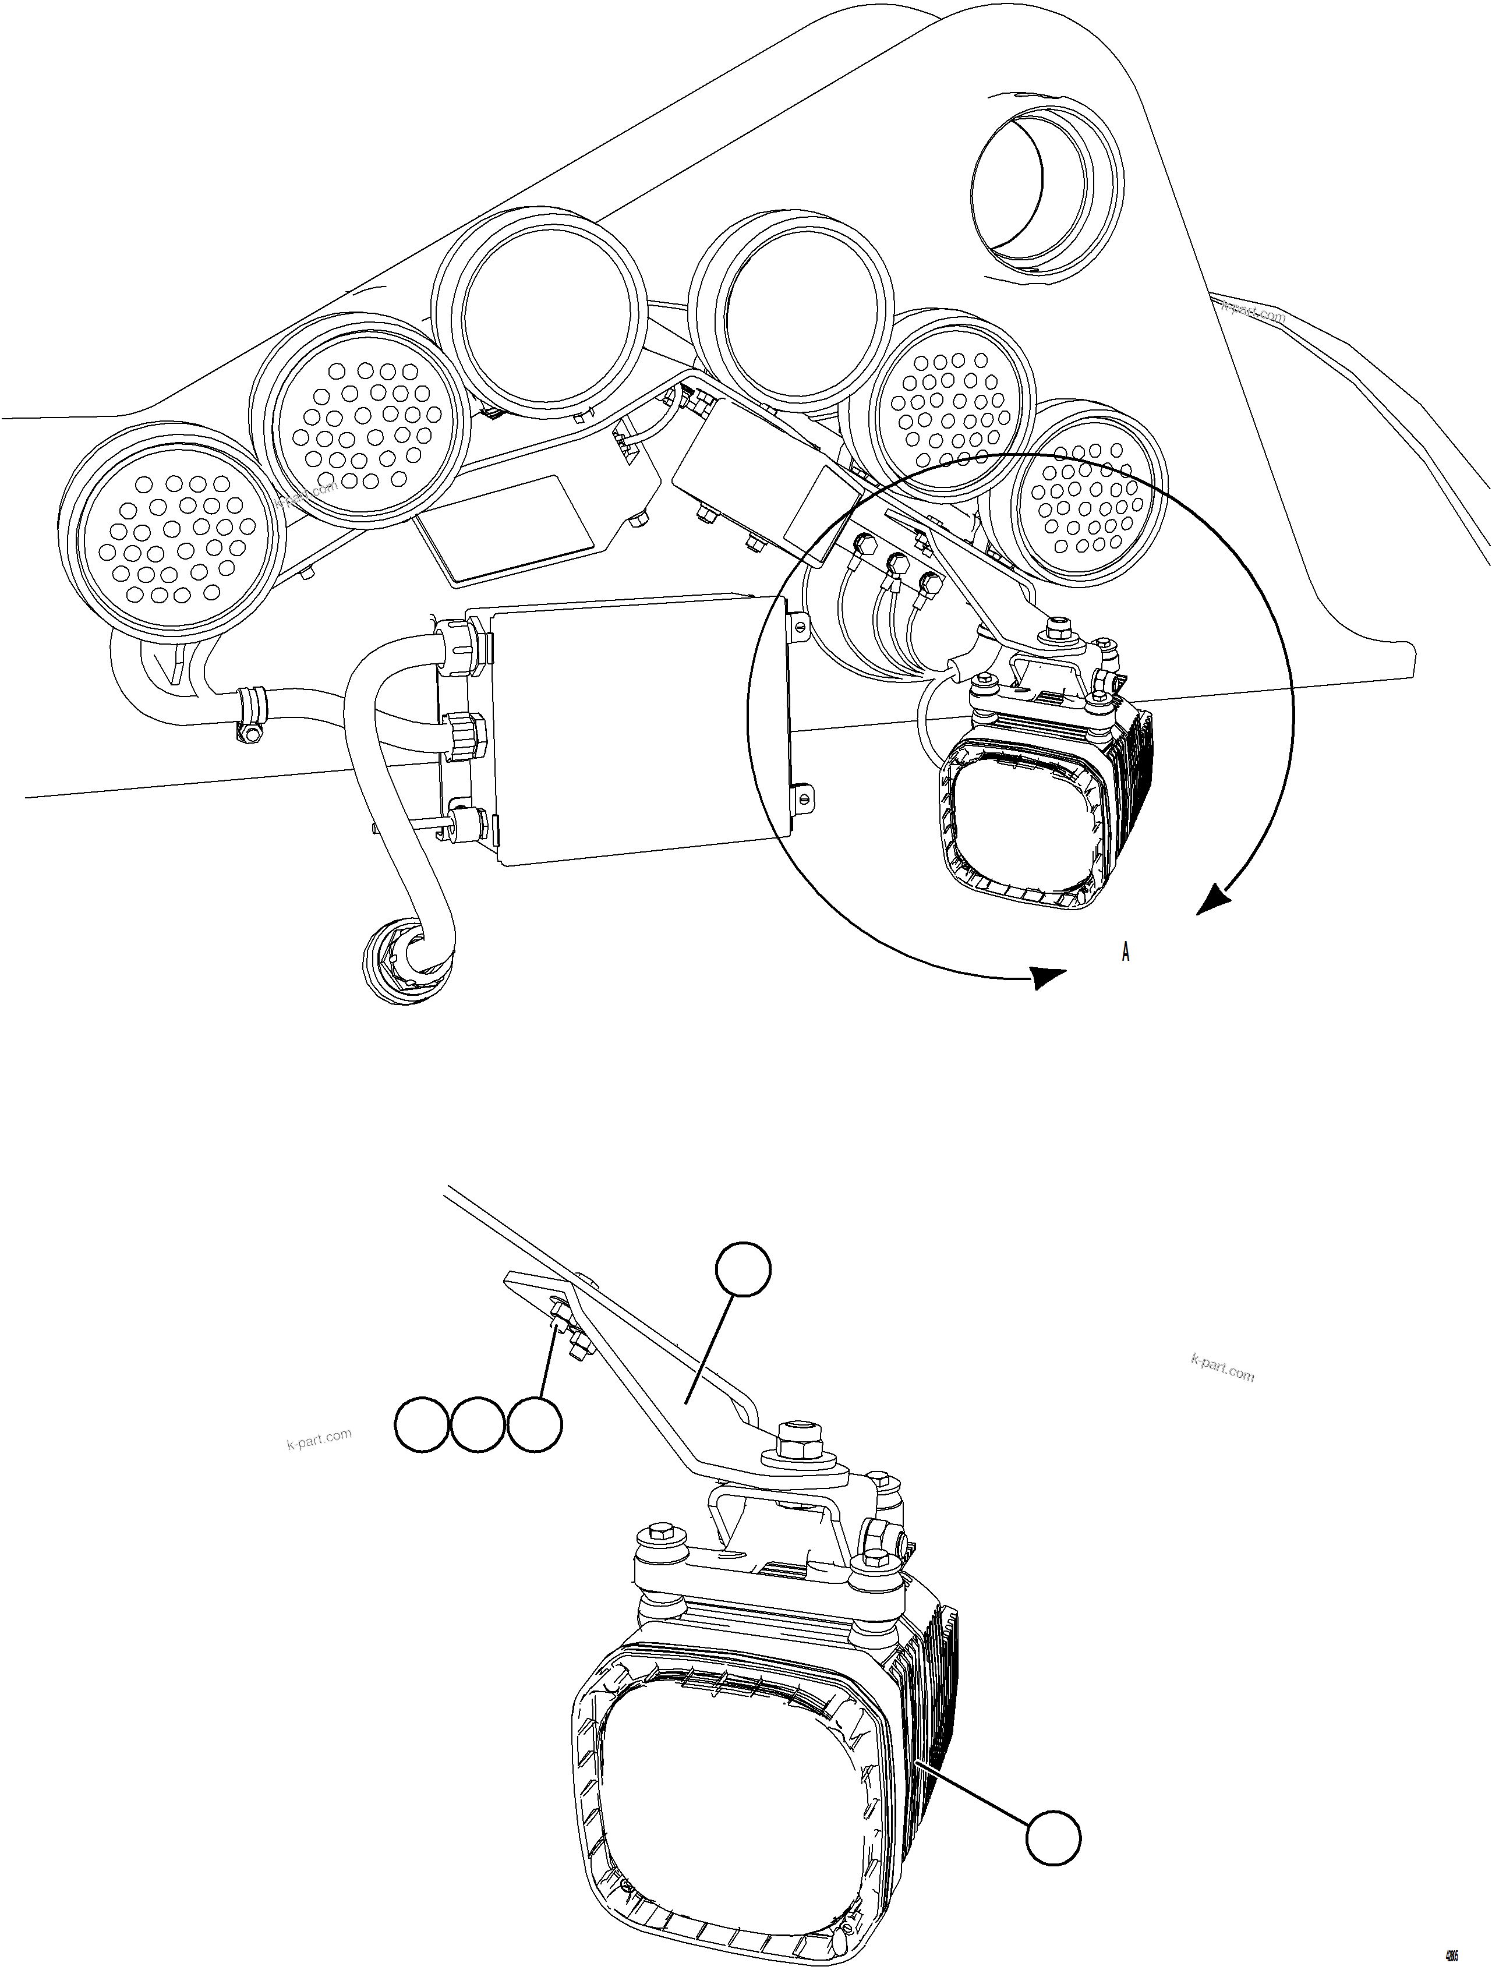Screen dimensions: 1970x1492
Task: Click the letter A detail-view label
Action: (1125, 952)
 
